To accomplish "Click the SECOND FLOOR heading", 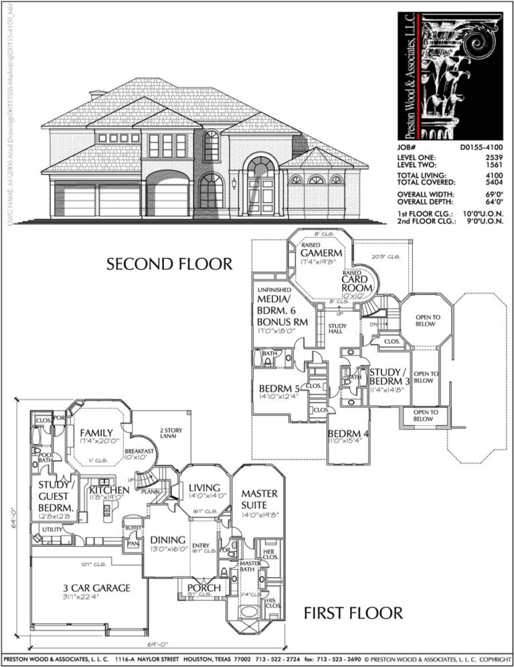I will [169, 264].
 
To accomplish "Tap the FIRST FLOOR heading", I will [353, 613].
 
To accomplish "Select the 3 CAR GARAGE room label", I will [92, 589].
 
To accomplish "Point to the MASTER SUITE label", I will [260, 500].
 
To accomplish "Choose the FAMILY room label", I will [96, 433].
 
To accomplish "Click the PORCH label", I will [204, 588].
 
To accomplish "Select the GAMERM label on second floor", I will [321, 253].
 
